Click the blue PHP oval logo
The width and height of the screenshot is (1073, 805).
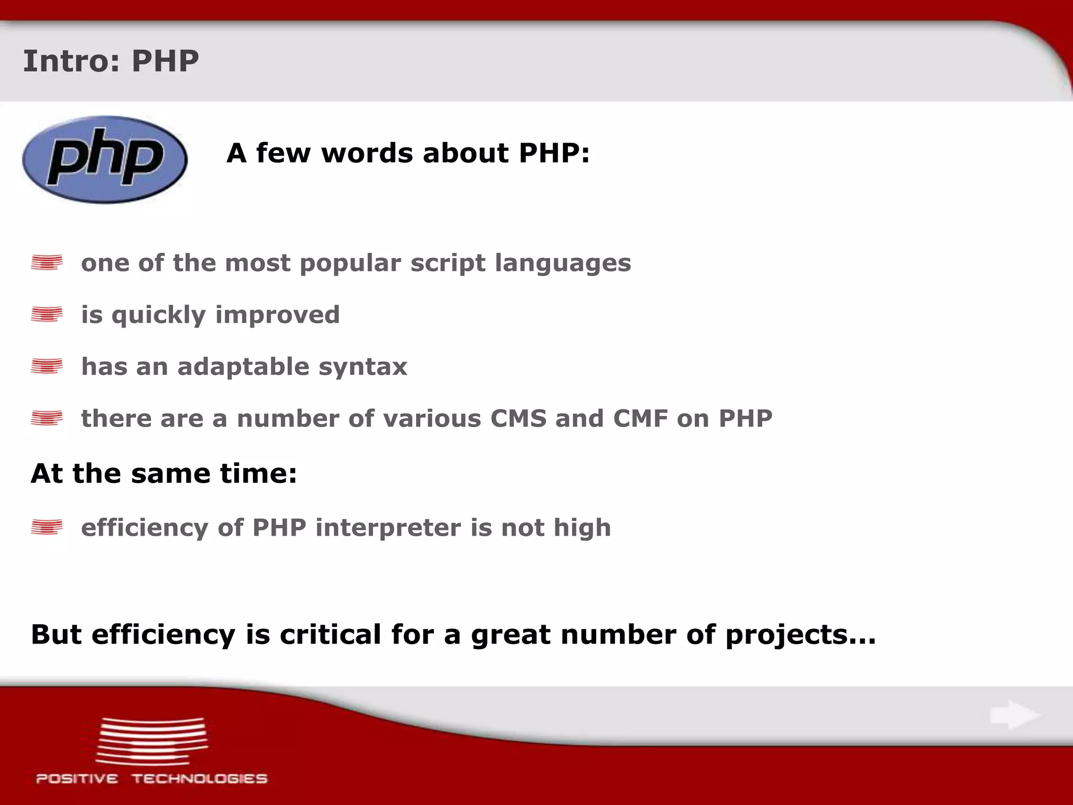[105, 159]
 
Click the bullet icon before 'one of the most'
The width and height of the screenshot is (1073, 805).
[47, 262]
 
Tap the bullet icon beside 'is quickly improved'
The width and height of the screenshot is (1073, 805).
[47, 314]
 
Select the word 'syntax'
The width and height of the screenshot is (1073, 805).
[363, 367]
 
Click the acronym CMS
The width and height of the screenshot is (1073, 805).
[518, 418]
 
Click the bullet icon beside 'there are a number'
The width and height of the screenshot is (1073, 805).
[47, 418]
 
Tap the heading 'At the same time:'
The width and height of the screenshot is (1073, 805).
[164, 473]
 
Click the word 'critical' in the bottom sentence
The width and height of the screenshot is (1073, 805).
[330, 634]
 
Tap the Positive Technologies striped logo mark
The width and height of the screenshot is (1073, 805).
[151, 741]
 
